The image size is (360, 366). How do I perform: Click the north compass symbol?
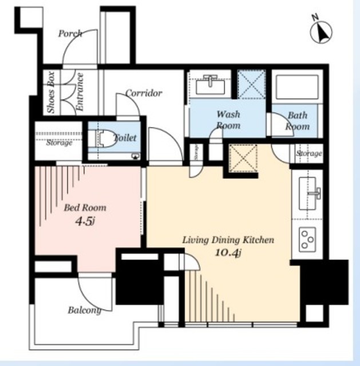[x=321, y=31]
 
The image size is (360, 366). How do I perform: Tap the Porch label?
[x=70, y=34]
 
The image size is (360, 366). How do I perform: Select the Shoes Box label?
[x=51, y=93]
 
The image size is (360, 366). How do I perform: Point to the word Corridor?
[x=144, y=93]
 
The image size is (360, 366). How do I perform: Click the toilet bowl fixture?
[x=106, y=138]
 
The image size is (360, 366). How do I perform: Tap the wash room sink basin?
[x=210, y=85]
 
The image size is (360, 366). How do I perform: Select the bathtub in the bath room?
[x=297, y=87]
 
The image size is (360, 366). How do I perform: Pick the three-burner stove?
[x=307, y=239]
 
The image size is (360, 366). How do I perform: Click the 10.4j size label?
[x=228, y=253]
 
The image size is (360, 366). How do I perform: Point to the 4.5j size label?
[x=85, y=221]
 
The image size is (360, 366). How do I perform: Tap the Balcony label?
[x=85, y=311]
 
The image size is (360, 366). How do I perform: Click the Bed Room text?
[x=85, y=208]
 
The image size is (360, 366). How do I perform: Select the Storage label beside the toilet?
[x=59, y=142]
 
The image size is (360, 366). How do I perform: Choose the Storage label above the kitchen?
[x=309, y=153]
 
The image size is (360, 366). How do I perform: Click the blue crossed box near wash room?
[x=251, y=84]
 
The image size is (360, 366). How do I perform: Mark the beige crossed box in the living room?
[x=243, y=158]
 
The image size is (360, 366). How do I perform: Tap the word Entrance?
[x=80, y=91]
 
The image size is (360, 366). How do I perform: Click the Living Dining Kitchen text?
[x=228, y=240]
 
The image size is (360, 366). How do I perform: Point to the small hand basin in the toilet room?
[x=136, y=156]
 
